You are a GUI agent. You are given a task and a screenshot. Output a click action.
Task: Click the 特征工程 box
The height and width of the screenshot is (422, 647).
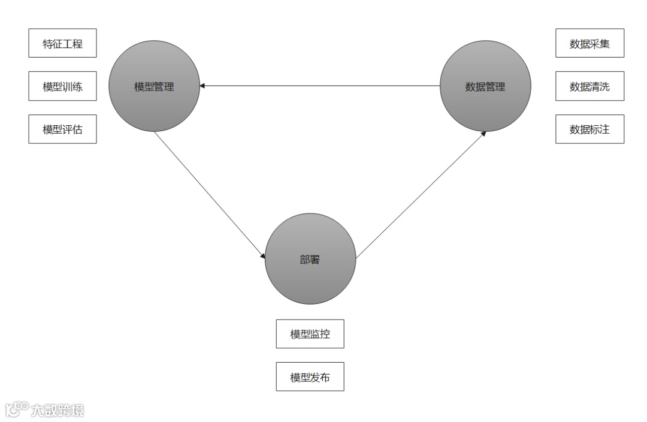(62, 43)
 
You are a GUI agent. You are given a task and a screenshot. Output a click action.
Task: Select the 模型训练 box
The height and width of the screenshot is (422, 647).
(62, 86)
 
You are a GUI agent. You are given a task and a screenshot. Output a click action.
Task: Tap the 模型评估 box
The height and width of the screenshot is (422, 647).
(62, 129)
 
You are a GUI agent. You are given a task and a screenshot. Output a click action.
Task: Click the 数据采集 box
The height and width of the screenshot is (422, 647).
(589, 43)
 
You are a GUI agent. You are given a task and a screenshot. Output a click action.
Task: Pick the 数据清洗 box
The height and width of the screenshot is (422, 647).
(589, 86)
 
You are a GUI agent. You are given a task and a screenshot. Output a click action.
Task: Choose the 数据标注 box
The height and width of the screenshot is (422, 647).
(589, 129)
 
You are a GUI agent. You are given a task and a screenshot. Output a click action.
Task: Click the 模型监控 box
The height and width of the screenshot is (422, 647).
(310, 334)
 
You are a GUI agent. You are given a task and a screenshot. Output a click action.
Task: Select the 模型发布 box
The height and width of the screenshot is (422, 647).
(310, 377)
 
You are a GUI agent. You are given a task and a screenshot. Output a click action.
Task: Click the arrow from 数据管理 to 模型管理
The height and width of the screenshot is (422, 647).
(320, 86)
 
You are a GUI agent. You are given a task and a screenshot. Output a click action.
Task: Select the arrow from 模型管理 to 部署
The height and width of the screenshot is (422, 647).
(210, 195)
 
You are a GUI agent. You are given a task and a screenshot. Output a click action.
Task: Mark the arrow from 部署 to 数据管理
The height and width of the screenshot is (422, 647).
(419, 195)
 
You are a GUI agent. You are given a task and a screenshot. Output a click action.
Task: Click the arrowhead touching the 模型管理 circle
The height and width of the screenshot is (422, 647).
(203, 86)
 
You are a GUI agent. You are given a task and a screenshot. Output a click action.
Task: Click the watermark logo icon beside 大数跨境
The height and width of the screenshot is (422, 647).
(17, 409)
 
